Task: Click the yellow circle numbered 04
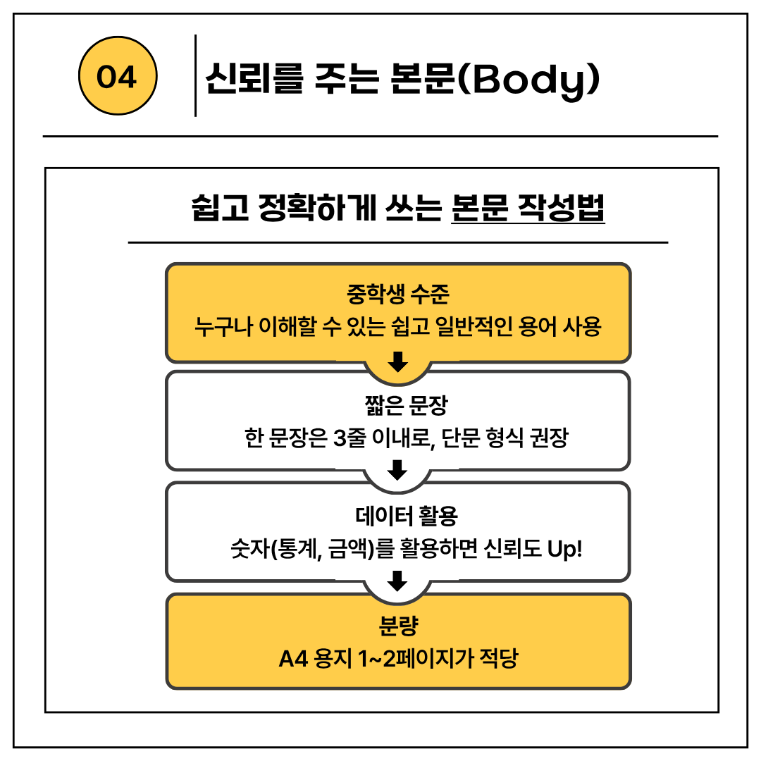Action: (116, 77)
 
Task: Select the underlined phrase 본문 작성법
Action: (528, 208)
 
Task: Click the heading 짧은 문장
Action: (398, 404)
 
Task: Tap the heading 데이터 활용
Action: (398, 516)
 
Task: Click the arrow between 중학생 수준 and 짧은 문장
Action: (398, 361)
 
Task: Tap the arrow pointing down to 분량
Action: (398, 581)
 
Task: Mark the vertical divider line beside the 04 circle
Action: (195, 75)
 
